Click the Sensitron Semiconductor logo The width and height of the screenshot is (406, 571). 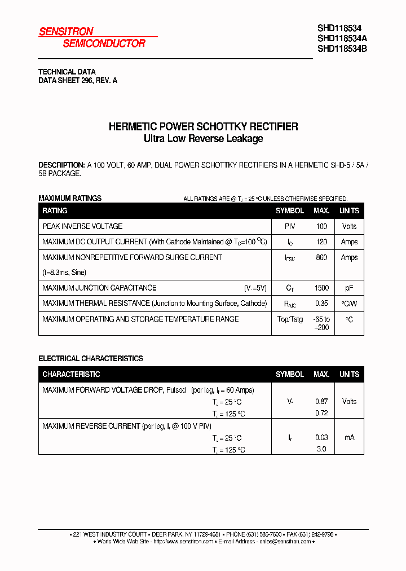click(x=92, y=37)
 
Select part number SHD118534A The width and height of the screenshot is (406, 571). click(x=342, y=38)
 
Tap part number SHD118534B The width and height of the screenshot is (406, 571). click(x=342, y=48)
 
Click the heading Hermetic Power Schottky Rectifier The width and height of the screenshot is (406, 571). click(x=203, y=127)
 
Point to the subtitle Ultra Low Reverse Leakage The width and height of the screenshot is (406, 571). click(x=203, y=139)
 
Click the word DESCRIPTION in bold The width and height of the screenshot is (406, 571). click(x=61, y=165)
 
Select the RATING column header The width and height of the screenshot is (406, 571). click(x=55, y=210)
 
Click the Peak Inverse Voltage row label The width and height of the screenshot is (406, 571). click(x=82, y=226)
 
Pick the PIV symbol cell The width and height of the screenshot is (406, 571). click(x=290, y=226)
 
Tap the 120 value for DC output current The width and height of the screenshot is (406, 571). click(x=321, y=241)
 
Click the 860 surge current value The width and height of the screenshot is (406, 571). click(x=321, y=257)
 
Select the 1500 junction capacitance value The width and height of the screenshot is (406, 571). click(x=321, y=288)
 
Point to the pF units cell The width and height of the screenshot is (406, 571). click(x=349, y=288)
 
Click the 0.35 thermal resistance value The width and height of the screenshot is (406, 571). click(x=321, y=304)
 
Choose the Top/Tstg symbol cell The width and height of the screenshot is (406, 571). click(x=290, y=319)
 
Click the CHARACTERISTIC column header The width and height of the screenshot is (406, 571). click(x=71, y=374)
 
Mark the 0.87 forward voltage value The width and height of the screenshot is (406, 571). click(x=321, y=401)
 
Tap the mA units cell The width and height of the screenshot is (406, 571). click(x=349, y=437)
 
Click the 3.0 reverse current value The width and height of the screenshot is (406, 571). click(x=321, y=449)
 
